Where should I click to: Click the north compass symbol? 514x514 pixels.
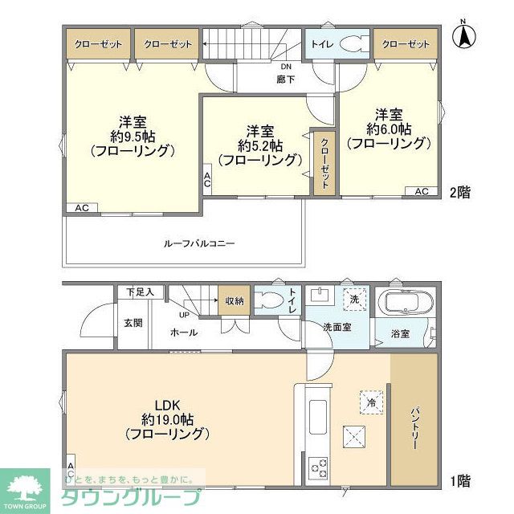(463, 36)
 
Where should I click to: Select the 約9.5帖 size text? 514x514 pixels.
(132, 136)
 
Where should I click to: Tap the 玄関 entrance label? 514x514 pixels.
(133, 323)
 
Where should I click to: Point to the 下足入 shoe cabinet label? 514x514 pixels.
(139, 292)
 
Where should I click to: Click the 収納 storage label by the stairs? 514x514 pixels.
(235, 301)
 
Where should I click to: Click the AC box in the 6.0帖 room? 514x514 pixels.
(422, 191)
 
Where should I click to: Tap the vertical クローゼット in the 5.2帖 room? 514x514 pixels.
(324, 163)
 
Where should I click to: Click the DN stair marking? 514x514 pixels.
(285, 67)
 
